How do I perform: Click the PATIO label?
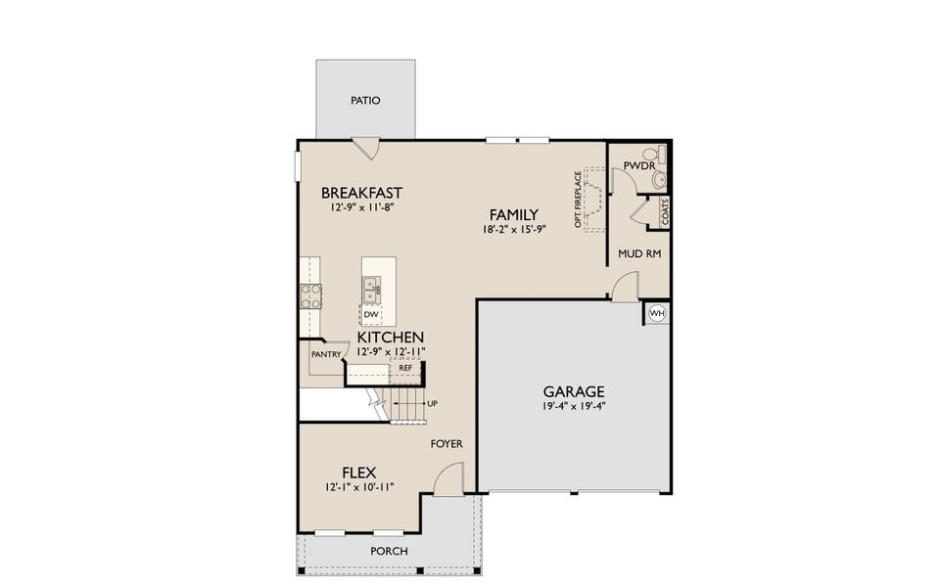(365, 101)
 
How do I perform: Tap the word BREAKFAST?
(361, 193)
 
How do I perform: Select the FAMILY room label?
(513, 214)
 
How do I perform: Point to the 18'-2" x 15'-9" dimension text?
(513, 229)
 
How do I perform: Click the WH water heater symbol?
(658, 313)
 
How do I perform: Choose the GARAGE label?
(575, 391)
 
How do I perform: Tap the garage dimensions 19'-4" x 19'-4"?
(575, 406)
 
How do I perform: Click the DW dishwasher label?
(371, 314)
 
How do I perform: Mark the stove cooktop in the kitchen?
(310, 296)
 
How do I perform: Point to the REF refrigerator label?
(404, 368)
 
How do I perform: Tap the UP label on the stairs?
(432, 403)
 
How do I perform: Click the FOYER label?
(447, 444)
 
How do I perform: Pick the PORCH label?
(389, 551)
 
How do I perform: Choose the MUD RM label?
(639, 253)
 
